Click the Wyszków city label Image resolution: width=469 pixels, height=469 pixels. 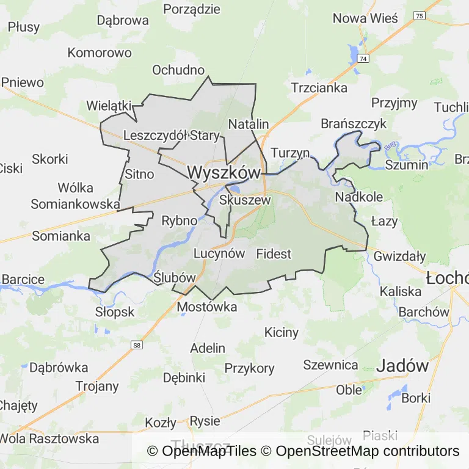pos(224,173)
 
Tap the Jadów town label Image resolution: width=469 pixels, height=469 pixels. pos(402,366)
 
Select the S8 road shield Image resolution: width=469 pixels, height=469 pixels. pos(137,346)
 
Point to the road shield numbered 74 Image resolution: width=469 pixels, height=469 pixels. pos(364,59)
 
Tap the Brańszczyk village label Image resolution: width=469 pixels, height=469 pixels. pos(354,124)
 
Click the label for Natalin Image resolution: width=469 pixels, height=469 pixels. pos(249,124)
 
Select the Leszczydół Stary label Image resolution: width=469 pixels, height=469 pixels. pos(167,135)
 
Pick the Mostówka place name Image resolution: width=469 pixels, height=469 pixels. pos(207,307)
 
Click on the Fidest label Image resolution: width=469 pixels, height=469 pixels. pos(274,253)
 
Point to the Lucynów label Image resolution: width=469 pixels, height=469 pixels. pos(219,253)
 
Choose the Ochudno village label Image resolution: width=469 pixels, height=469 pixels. pos(178,70)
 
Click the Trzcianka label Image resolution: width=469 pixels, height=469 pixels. pos(319,87)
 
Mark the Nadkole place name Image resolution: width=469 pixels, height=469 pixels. pos(359,197)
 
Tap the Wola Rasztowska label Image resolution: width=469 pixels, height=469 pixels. pos(49,438)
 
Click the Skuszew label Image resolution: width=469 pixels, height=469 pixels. pos(244,200)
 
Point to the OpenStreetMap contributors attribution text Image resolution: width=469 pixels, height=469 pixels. pos(367,451)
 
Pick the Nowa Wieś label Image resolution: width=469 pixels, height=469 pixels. pos(365,18)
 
